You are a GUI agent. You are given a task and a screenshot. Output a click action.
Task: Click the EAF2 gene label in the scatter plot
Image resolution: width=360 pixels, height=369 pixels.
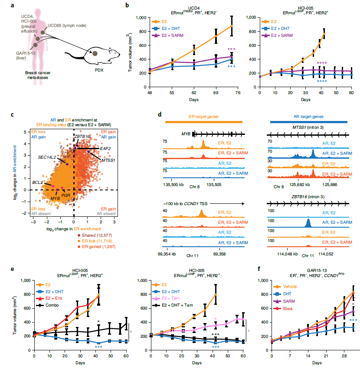tap(105, 148)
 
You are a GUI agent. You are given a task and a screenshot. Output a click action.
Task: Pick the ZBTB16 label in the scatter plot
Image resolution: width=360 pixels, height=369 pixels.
tap(82, 136)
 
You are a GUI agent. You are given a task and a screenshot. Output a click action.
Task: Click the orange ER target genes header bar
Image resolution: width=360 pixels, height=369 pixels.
tap(203, 122)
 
